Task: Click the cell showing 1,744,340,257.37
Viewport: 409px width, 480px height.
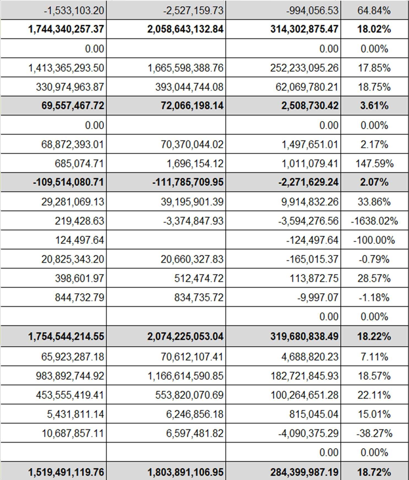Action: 66,29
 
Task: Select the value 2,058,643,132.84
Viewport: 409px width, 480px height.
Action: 185,29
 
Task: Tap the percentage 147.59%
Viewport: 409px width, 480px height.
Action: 374,164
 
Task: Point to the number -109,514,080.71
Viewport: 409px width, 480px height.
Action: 68,182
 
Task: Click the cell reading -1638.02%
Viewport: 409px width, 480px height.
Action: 374,221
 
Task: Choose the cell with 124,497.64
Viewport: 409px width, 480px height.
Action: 80,240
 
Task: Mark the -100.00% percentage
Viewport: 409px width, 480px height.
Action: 374,240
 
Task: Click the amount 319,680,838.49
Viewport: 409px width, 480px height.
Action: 304,336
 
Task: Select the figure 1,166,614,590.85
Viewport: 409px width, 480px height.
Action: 185,376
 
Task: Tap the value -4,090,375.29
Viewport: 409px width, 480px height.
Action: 308,433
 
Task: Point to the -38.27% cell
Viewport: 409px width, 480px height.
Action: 374,433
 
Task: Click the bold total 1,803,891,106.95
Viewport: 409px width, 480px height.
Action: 185,472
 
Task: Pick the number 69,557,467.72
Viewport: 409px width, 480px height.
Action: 73,105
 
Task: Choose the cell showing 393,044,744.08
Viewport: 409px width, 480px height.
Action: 189,87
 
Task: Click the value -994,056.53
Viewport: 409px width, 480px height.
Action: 312,10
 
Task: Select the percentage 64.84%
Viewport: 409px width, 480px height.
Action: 374,10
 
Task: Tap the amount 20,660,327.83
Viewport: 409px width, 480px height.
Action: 192,259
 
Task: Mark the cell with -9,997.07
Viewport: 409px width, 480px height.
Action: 318,297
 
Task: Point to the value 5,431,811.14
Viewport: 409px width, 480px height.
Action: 75,414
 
